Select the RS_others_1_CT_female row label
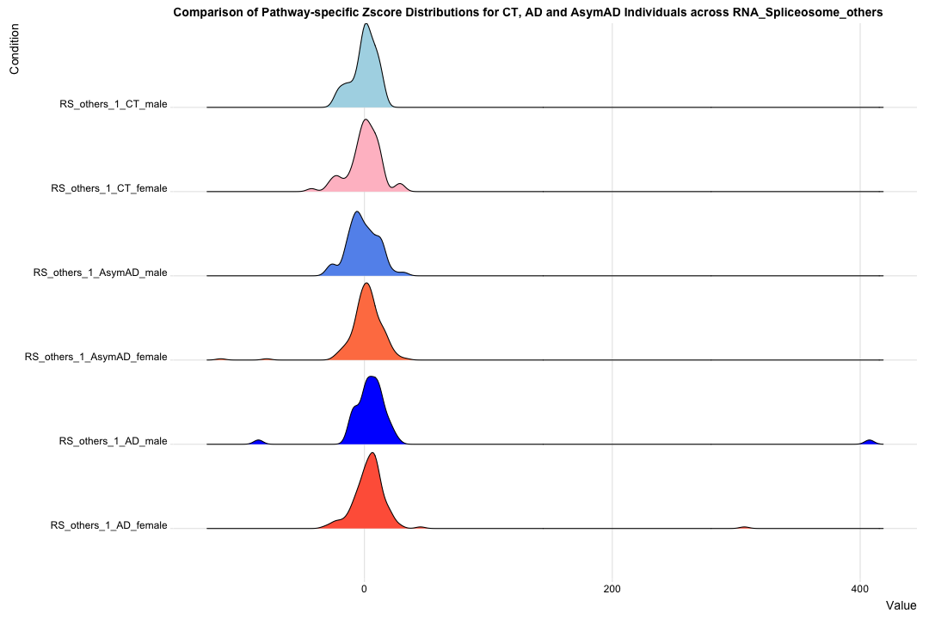pos(108,188)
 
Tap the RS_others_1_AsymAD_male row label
pos(100,273)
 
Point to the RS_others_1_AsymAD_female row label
pos(95,357)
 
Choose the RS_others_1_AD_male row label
pos(113,441)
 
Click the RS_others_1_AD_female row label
pos(108,525)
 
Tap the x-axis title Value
pos(901,606)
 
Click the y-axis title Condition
pos(15,49)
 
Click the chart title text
pos(528,13)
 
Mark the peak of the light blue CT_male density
pos(366,24)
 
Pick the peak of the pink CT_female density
pos(366,120)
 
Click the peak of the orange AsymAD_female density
pos(366,284)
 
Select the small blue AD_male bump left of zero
pos(258,442)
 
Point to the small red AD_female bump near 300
pos(743,527)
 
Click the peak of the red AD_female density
pos(372,453)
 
